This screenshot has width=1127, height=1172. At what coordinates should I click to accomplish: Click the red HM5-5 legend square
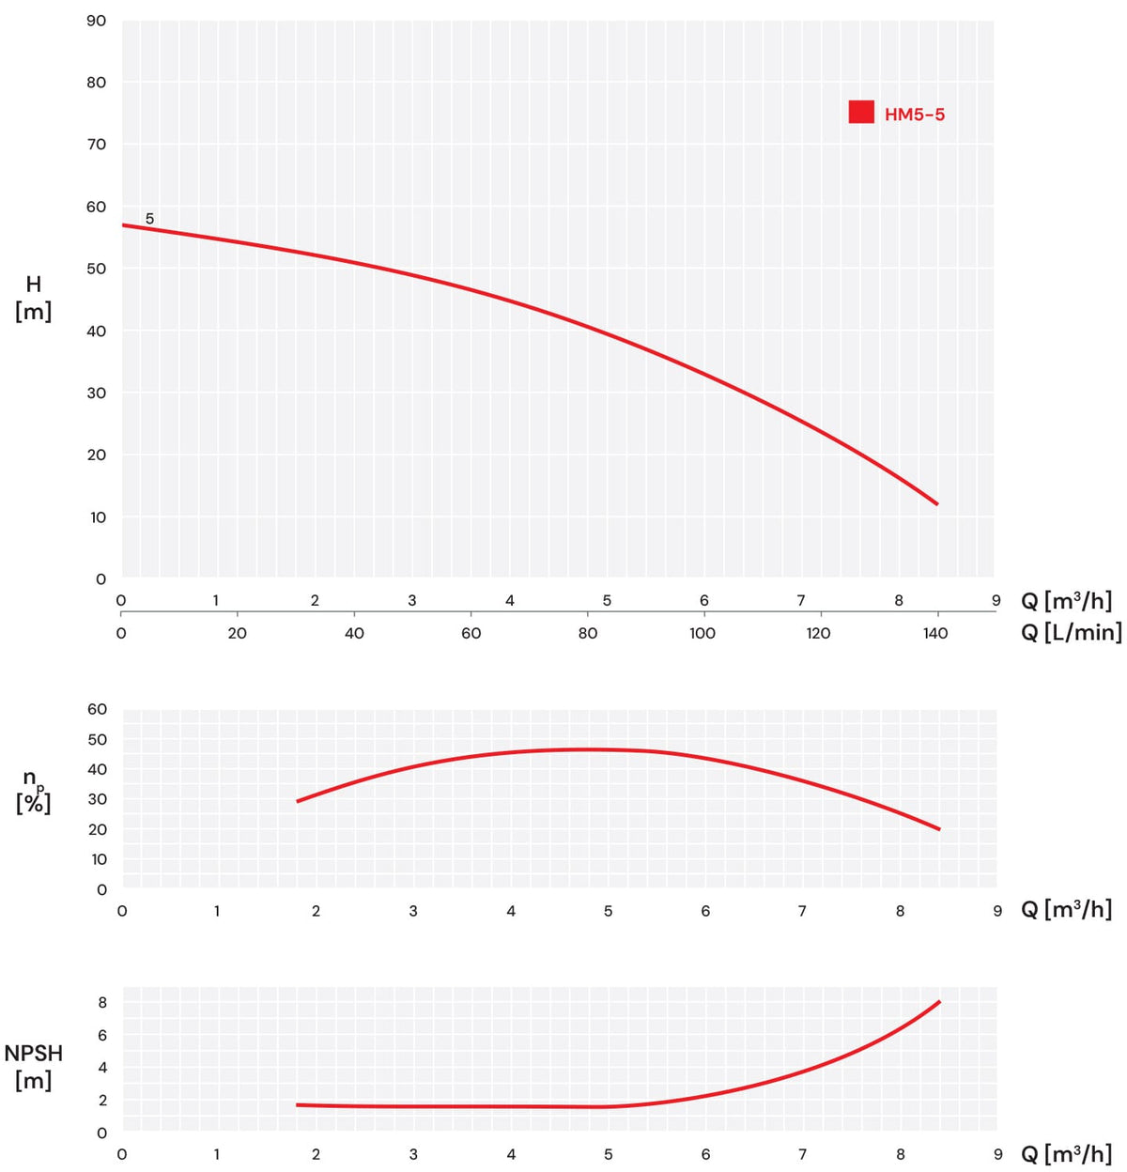click(x=861, y=112)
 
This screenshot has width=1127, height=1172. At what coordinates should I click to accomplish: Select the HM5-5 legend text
click(x=915, y=115)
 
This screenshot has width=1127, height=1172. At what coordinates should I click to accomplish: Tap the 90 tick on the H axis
click(x=97, y=21)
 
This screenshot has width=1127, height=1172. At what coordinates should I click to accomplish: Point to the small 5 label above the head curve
click(x=150, y=219)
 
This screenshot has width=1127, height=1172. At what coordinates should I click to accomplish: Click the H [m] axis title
click(x=33, y=298)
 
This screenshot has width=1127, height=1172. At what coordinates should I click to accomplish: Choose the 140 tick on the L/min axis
click(x=934, y=633)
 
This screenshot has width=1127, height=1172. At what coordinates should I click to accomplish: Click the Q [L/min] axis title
click(x=1072, y=632)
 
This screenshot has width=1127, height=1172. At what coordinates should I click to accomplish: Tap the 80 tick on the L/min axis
click(x=587, y=633)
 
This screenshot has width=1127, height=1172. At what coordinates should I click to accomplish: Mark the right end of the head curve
click(x=937, y=504)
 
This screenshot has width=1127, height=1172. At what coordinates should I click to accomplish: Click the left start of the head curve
click(x=123, y=225)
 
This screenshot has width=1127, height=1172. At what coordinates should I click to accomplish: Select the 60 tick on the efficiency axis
click(x=97, y=709)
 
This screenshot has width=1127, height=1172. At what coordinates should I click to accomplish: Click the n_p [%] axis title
click(x=33, y=792)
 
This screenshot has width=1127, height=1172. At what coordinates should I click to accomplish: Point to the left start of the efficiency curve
click(x=298, y=801)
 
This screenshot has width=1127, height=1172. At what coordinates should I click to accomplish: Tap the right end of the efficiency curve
click(x=939, y=829)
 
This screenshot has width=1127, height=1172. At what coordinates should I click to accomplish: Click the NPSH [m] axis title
click(x=33, y=1067)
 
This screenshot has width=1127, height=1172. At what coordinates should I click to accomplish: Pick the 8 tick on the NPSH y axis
click(x=102, y=1002)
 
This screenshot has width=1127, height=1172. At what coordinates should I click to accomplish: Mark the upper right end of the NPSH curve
click(x=939, y=1002)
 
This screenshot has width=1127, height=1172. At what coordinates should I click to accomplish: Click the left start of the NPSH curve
click(x=297, y=1104)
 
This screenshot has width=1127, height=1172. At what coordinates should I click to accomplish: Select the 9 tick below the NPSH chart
click(x=997, y=1154)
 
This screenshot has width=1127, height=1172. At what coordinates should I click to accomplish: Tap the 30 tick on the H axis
click(x=97, y=393)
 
